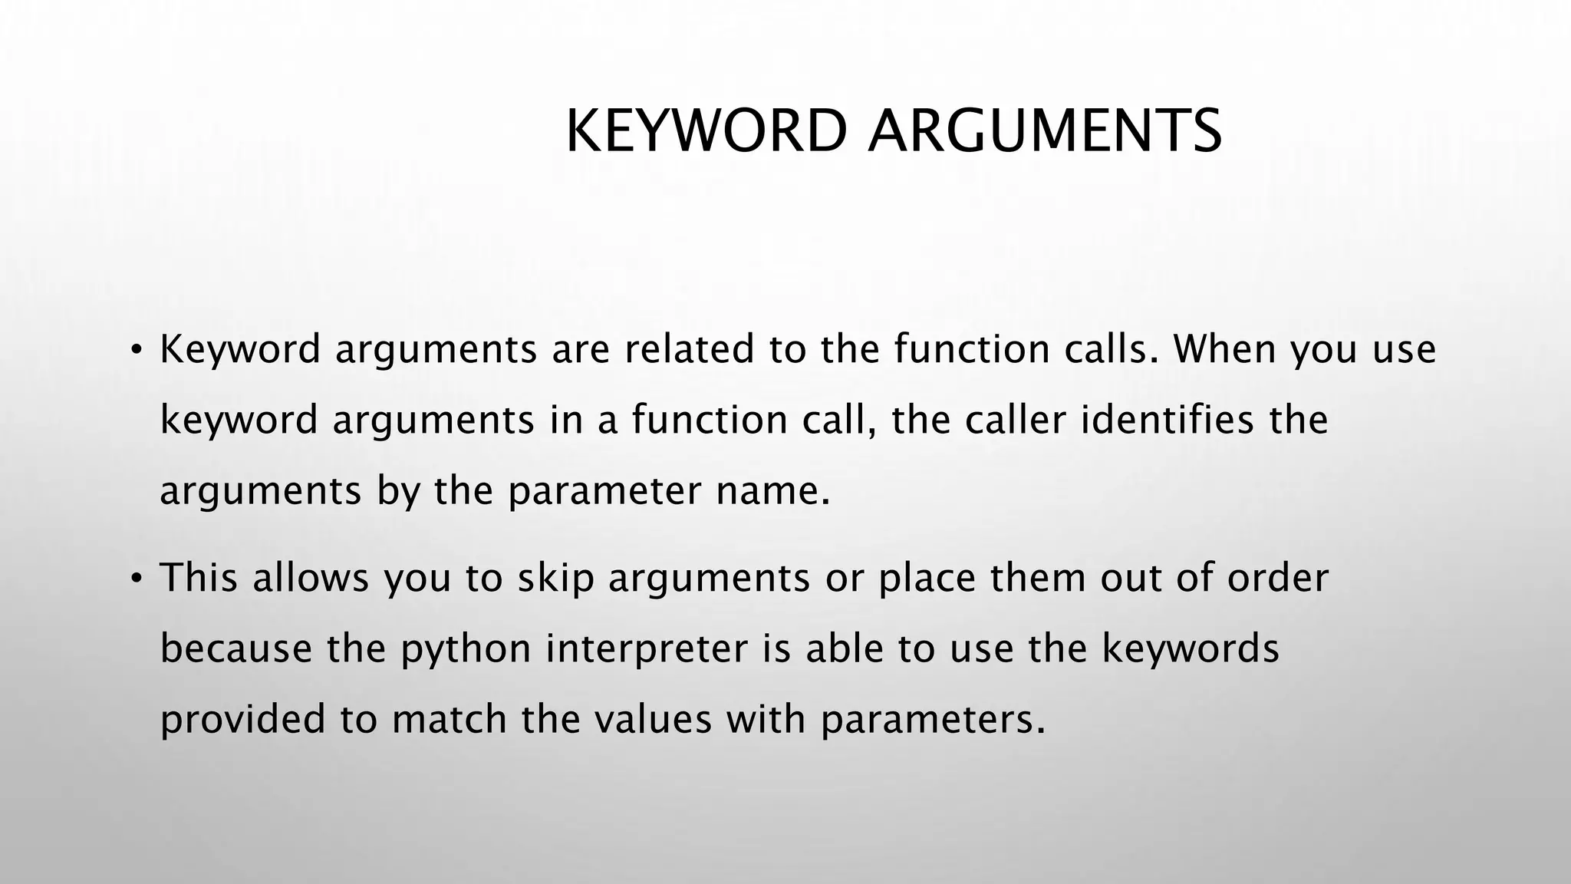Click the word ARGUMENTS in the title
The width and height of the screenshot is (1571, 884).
click(1045, 131)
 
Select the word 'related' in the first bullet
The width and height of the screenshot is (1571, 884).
click(689, 350)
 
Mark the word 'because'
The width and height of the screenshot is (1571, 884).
click(236, 649)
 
